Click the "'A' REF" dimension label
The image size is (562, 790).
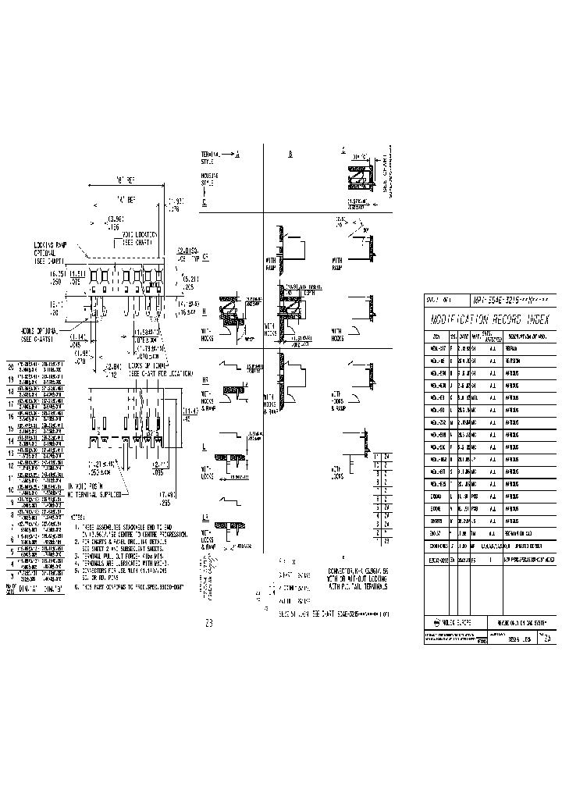(x=126, y=200)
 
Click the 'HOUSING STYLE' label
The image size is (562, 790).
(x=209, y=180)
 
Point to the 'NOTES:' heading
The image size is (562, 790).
(x=78, y=518)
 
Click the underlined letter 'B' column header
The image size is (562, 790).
(x=290, y=155)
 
